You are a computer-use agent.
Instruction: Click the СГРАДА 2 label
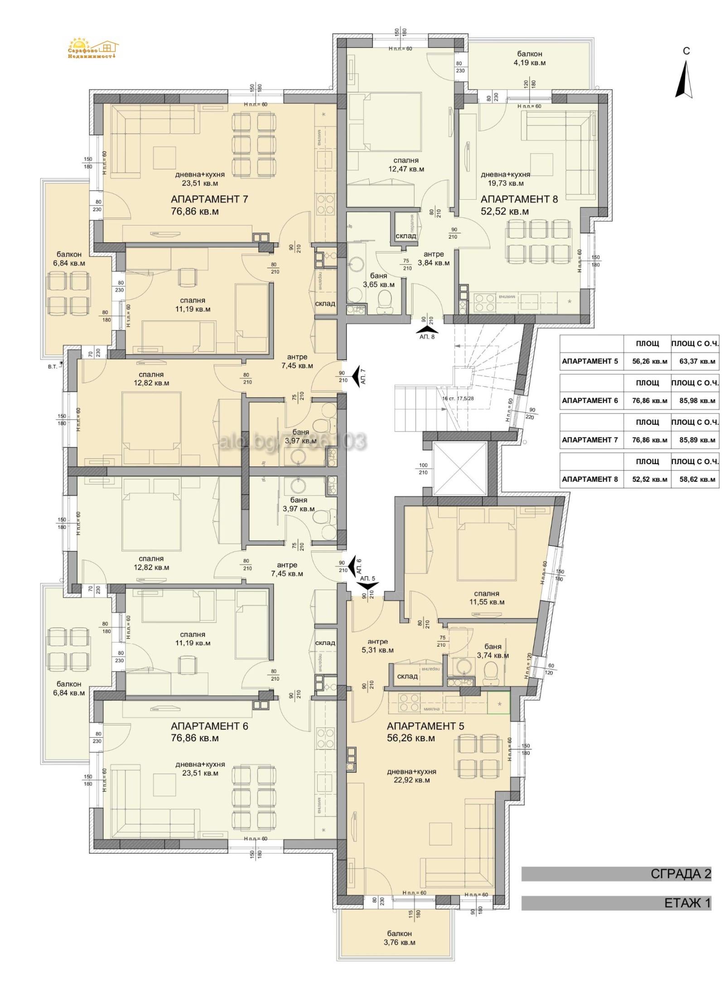(x=681, y=874)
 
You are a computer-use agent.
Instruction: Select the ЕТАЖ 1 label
(x=687, y=903)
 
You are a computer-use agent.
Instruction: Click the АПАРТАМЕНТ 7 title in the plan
(x=209, y=199)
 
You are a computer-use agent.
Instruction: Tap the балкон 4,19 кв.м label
(x=529, y=58)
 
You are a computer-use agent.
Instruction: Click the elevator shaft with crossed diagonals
(x=459, y=468)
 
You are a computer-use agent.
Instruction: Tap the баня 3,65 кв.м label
(x=378, y=280)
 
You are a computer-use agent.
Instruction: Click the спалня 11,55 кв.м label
(x=487, y=598)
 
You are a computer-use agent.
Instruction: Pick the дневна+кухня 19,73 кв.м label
(x=505, y=179)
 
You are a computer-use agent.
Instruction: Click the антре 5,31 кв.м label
(x=377, y=646)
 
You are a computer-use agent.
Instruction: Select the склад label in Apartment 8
(x=406, y=236)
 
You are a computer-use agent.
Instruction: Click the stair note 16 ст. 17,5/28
(x=458, y=398)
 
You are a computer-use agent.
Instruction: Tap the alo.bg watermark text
(x=292, y=442)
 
